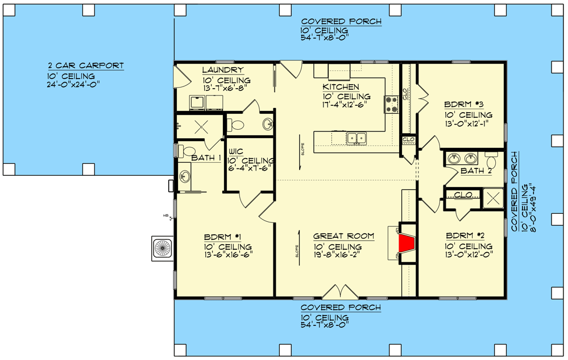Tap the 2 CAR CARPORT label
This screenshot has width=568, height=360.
pos(86,66)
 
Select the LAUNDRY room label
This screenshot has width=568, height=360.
pos(223,70)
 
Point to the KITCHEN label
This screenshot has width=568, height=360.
pos(341,87)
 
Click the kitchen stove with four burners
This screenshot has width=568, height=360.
pos(392,104)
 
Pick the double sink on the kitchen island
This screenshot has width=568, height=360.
pos(357,138)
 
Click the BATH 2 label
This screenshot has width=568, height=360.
pos(476,171)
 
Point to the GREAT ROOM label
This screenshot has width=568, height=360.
pos(343,236)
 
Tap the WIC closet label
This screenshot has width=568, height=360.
pos(237,151)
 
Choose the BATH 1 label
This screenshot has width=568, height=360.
pos(205,158)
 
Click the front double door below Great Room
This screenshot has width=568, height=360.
pos(341,293)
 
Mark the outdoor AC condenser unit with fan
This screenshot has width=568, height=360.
pos(163,249)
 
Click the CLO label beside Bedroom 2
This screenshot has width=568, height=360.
pos(463,196)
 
